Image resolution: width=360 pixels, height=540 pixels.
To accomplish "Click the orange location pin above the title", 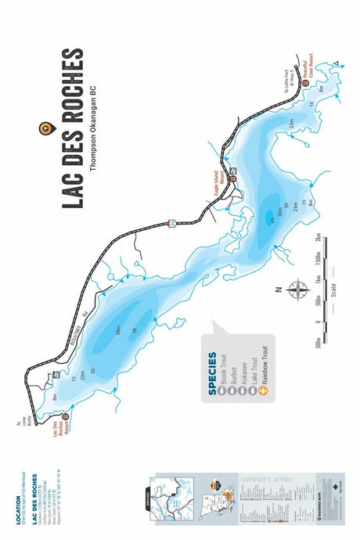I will click(45, 128).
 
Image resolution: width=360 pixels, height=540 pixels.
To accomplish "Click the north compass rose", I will click(296, 290).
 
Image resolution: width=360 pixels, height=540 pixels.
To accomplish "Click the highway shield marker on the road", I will click(170, 225).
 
